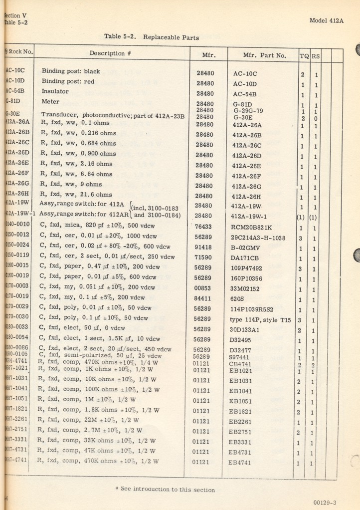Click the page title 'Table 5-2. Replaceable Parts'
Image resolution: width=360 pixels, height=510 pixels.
click(x=152, y=37)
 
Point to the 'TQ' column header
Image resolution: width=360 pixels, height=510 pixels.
click(x=303, y=56)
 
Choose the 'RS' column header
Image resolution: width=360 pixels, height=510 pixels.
click(x=316, y=56)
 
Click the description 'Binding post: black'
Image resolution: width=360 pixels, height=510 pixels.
click(x=71, y=71)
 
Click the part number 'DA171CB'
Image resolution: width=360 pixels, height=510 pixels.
click(x=246, y=258)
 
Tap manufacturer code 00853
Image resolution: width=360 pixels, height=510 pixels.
click(x=205, y=289)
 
